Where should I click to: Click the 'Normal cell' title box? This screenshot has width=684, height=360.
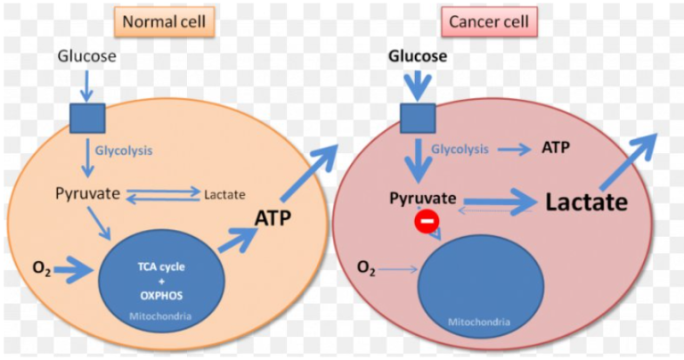click(164, 21)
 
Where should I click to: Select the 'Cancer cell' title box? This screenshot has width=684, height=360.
click(489, 21)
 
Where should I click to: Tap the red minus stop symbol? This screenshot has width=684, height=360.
click(427, 221)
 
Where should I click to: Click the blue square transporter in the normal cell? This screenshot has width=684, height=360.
click(87, 119)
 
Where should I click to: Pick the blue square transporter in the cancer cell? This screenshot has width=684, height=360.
click(418, 119)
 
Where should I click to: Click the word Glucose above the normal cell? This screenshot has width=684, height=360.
click(87, 56)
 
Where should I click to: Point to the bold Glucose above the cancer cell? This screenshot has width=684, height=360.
click(418, 56)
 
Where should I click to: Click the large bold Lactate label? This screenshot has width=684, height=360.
click(587, 202)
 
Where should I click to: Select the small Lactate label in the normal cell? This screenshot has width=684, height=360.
click(224, 194)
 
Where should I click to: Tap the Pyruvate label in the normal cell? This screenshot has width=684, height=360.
click(87, 193)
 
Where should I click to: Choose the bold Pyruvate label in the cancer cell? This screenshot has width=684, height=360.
click(423, 199)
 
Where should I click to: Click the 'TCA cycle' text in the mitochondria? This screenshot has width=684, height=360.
click(161, 267)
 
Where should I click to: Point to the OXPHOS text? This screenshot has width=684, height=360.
click(161, 296)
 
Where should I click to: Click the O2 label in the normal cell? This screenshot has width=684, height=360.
click(42, 269)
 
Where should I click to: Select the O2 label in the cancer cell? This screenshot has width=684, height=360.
click(366, 268)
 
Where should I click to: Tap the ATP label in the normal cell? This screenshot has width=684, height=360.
click(273, 217)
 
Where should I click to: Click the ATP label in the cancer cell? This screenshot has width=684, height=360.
click(556, 148)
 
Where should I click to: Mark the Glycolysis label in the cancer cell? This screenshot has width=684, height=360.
click(460, 149)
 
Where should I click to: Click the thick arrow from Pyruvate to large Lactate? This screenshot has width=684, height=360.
click(501, 201)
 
